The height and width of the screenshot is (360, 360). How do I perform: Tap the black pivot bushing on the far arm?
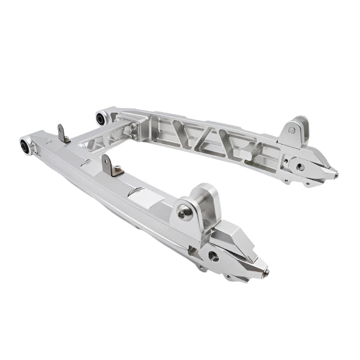tap(101, 118)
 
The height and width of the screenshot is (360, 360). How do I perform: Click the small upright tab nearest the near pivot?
tap(62, 133)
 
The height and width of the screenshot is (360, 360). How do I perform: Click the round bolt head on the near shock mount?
tap(185, 211)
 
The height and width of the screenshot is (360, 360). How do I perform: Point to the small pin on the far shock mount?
tap(292, 130)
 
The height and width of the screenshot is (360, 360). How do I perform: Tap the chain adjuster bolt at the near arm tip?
tap(265, 273)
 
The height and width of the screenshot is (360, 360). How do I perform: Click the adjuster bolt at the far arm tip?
tap(335, 175)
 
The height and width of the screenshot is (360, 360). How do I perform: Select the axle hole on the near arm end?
tap(213, 255)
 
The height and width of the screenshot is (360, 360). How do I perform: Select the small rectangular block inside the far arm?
tap(245, 155)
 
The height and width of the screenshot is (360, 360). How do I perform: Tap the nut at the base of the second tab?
tap(116, 173)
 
